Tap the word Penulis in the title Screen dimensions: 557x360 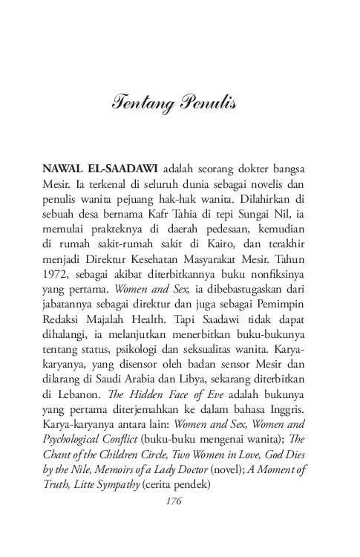pyautogui.click(x=206, y=103)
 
